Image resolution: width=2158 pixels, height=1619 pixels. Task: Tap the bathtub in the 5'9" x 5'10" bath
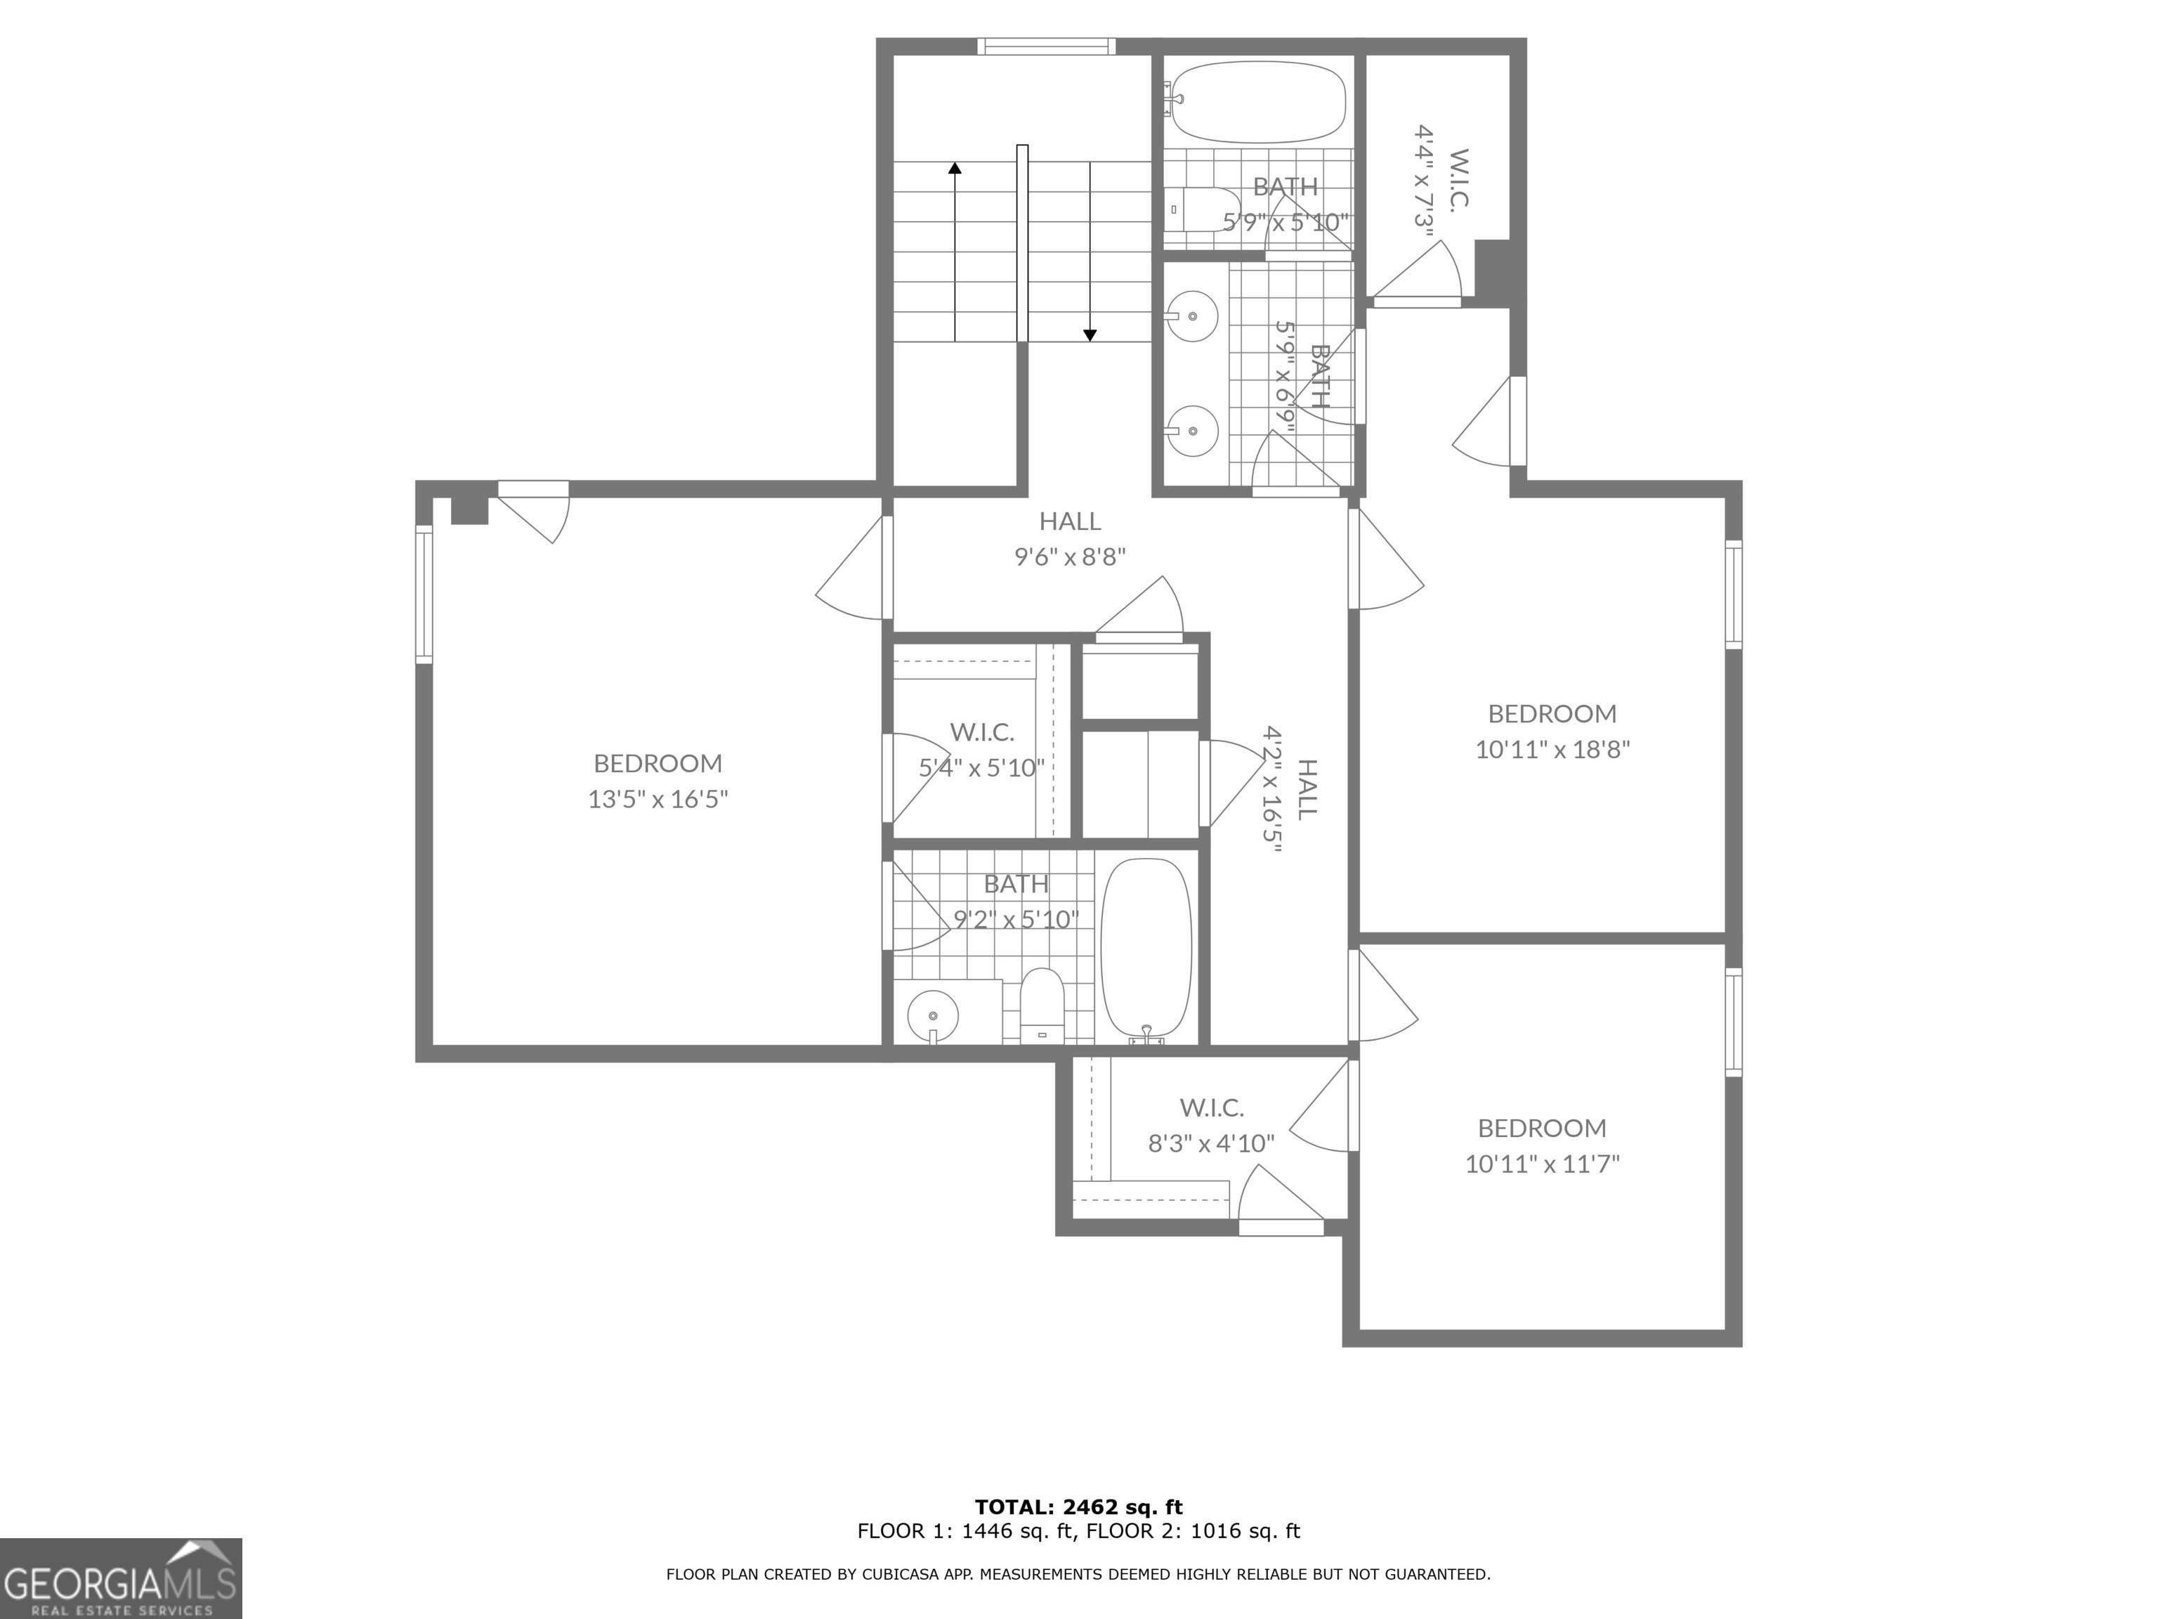click(1257, 103)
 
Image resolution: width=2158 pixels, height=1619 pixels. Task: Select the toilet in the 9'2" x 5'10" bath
click(1041, 1004)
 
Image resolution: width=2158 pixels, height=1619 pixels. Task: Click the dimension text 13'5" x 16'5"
click(658, 799)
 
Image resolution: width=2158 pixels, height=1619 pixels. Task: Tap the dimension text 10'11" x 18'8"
click(1552, 750)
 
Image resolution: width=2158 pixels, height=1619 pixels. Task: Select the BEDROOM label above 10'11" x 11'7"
click(1541, 1128)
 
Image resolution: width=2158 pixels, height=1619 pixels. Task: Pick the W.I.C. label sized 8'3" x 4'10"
click(1212, 1107)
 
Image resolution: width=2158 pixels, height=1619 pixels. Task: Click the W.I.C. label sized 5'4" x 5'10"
click(981, 732)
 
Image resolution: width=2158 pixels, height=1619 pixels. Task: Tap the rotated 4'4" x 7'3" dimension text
click(1425, 188)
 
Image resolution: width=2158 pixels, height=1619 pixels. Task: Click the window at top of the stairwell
click(1046, 46)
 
